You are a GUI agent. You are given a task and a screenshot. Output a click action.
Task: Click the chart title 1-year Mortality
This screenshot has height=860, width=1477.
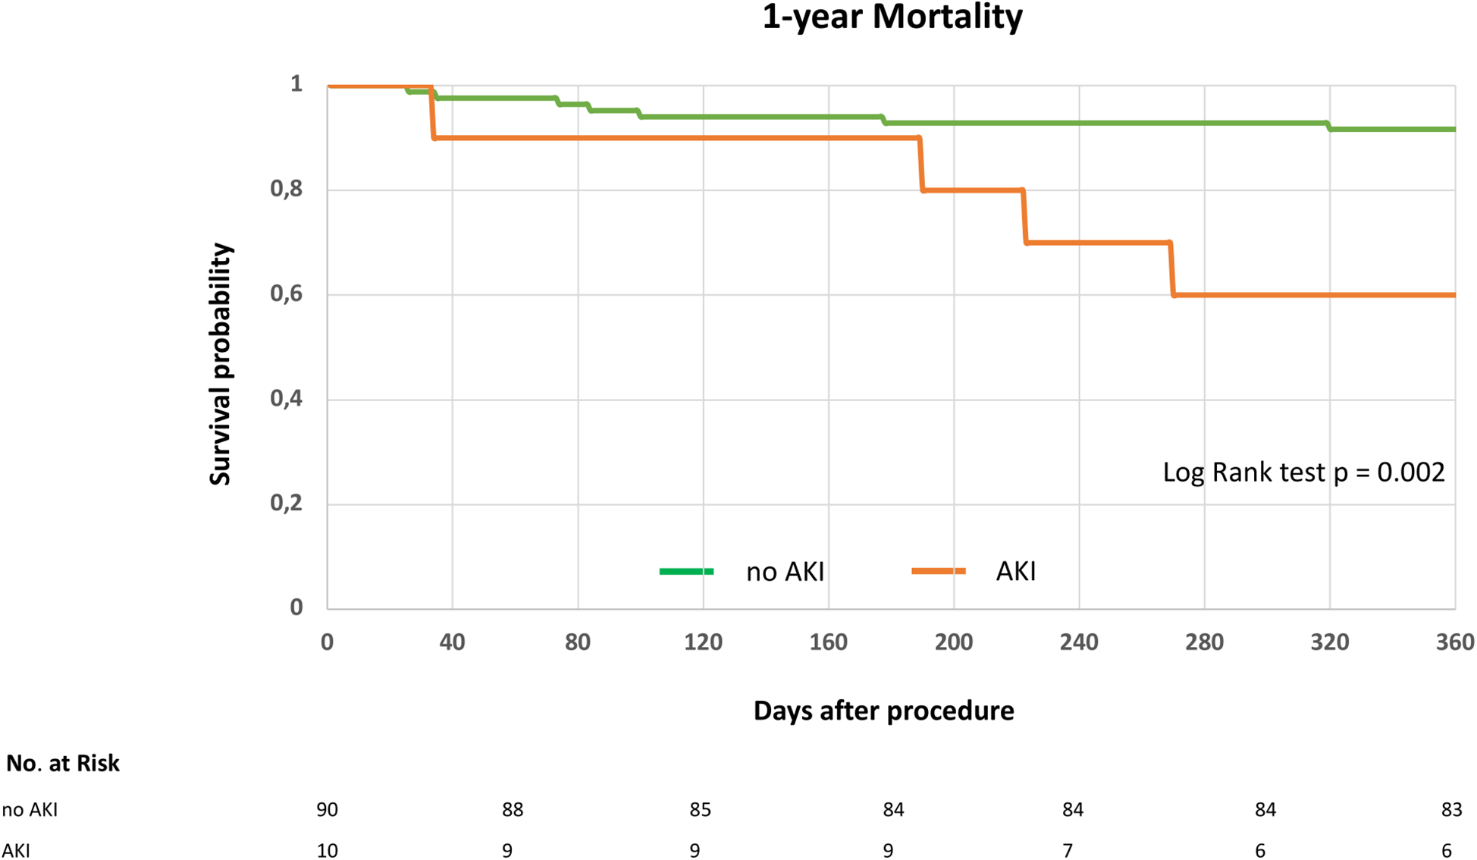(892, 17)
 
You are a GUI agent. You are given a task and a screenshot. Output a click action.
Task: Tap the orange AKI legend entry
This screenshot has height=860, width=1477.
(974, 571)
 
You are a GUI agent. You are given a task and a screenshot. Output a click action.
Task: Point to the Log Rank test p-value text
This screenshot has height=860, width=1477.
(1303, 472)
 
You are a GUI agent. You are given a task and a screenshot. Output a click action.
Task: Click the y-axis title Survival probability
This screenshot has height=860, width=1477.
(220, 364)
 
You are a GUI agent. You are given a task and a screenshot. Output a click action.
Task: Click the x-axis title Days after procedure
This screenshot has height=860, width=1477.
(883, 711)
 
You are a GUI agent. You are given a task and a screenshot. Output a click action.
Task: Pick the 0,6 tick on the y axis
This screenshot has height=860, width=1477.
(287, 293)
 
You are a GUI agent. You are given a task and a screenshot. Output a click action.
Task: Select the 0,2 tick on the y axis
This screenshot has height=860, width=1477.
(287, 503)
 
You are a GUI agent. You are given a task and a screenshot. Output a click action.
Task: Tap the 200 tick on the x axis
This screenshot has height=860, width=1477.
(954, 642)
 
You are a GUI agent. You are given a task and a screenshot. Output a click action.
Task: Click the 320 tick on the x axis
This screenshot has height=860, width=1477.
(1329, 642)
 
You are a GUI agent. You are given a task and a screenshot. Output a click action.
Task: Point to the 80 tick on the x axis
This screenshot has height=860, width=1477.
(578, 642)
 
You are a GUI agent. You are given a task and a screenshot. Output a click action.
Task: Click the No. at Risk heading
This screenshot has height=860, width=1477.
(63, 763)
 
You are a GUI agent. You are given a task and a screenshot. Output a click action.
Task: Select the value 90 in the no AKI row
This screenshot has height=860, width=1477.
(327, 810)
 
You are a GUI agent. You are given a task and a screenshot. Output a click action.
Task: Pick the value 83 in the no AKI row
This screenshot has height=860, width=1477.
(1451, 810)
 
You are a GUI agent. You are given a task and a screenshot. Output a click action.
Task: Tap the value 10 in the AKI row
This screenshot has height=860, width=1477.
(327, 851)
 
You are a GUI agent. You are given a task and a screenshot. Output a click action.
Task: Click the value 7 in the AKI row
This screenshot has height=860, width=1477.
(1068, 851)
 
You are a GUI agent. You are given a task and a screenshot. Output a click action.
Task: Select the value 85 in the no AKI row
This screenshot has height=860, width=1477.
(700, 810)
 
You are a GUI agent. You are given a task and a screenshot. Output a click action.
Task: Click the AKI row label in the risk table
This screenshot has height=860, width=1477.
(16, 851)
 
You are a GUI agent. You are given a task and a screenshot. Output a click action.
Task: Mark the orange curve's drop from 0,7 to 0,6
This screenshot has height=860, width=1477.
(1172, 269)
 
